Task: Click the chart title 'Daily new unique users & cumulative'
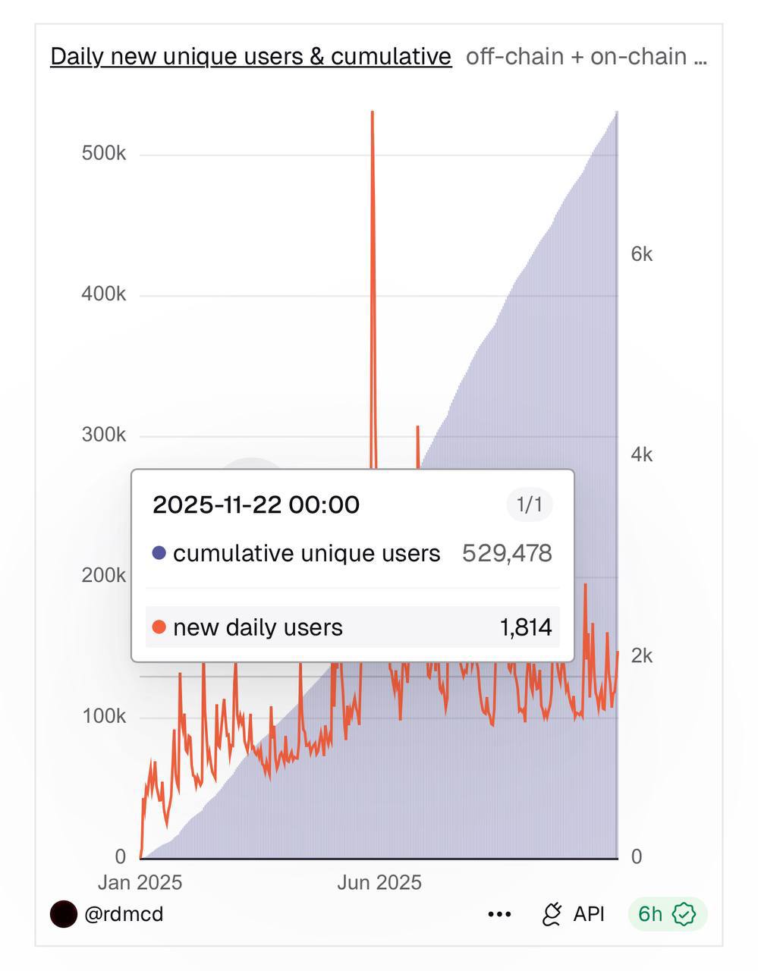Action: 250,56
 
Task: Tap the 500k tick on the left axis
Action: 104,153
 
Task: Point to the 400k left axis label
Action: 104,294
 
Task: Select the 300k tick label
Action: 104,435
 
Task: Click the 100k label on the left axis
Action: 104,716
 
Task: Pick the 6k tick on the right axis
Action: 641,254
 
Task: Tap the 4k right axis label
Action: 641,455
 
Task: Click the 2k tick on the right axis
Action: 641,656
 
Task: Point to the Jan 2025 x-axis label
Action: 140,882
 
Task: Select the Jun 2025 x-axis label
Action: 379,882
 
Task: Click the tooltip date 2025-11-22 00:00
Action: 256,504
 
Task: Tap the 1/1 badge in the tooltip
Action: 529,504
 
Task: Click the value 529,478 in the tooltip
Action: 507,553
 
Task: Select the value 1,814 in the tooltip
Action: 525,627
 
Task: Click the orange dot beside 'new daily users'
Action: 159,627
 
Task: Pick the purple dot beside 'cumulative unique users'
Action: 159,553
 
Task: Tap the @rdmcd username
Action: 124,914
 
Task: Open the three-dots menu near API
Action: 499,915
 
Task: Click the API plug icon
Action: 552,914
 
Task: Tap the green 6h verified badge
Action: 667,914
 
